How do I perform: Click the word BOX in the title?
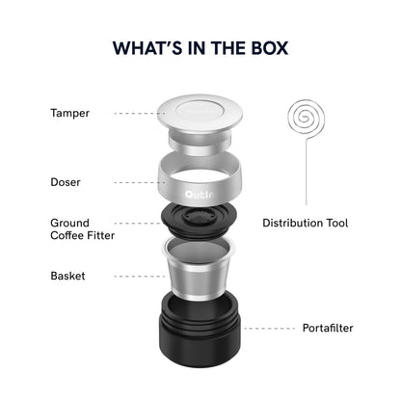click(x=270, y=48)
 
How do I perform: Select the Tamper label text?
click(x=69, y=114)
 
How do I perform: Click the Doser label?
click(x=66, y=182)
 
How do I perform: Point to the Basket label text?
click(x=67, y=276)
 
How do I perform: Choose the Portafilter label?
click(x=328, y=328)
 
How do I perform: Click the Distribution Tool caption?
click(x=306, y=223)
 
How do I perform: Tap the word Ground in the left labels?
click(x=69, y=223)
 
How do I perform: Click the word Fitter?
click(x=100, y=235)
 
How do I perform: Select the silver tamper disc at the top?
click(x=200, y=114)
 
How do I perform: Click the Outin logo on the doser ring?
click(x=200, y=195)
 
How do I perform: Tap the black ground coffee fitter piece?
click(x=200, y=222)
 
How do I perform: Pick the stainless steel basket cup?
click(x=199, y=268)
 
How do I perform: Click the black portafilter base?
click(x=200, y=330)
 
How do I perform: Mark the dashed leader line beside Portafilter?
click(x=270, y=329)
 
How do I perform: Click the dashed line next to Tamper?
click(x=140, y=114)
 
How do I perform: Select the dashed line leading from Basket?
click(x=140, y=277)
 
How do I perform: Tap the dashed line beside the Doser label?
click(x=140, y=182)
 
